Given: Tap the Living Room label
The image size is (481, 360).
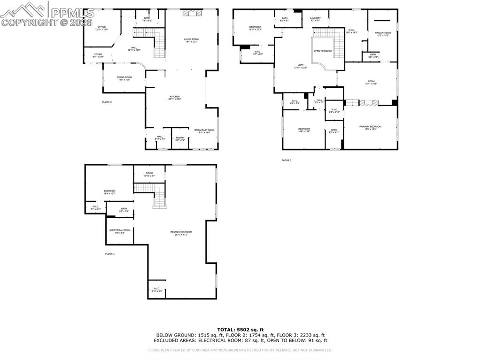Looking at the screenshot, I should tap(191, 40).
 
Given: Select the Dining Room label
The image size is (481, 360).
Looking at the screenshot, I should tap(124, 78).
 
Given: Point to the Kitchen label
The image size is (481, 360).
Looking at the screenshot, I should tap(175, 98).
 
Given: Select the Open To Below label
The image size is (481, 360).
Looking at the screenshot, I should tap(323, 51).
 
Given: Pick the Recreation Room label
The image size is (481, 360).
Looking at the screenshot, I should tap(181, 233).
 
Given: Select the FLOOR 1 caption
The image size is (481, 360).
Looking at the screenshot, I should tap(109, 254).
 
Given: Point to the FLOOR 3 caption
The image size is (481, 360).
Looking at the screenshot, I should tap(287, 161).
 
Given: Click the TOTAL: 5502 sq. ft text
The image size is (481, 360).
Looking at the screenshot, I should tap(240, 329).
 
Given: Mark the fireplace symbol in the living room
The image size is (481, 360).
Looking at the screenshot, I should tap(191, 13).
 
